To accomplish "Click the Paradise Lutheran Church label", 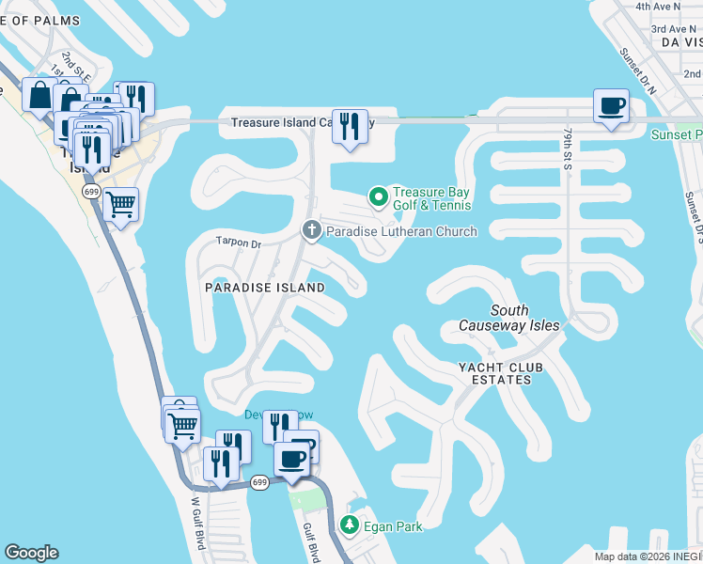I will click(401, 231).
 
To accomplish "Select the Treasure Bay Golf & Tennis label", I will click(431, 197).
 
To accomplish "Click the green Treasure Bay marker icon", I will click(378, 196).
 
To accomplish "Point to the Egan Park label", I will click(395, 526).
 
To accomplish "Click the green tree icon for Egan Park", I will click(350, 525).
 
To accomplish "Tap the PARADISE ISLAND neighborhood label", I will click(265, 288).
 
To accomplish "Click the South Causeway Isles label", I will click(509, 318).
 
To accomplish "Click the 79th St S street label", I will click(568, 149).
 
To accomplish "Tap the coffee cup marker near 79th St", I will click(611, 105).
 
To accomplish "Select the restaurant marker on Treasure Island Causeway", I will click(350, 125).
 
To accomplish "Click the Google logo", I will click(31, 553).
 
